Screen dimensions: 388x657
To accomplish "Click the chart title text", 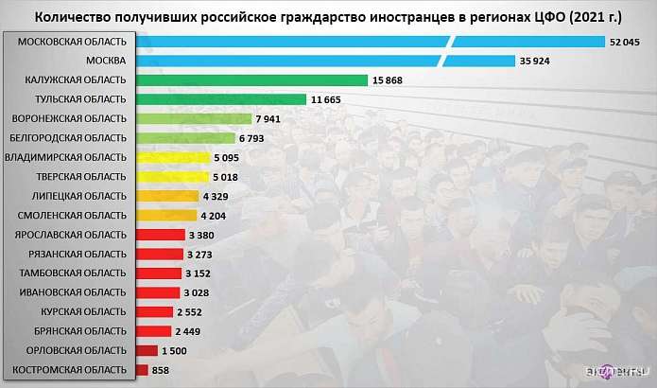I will point(328,17).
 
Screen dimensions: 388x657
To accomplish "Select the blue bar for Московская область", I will point(369,42).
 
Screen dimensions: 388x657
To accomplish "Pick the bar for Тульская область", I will point(220,99).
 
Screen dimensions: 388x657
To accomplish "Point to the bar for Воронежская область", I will point(193,119).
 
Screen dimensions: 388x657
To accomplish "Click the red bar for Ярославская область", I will point(160,234).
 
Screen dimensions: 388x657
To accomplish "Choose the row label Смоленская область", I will point(68,215).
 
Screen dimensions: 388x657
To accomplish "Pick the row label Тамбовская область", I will point(68,273).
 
